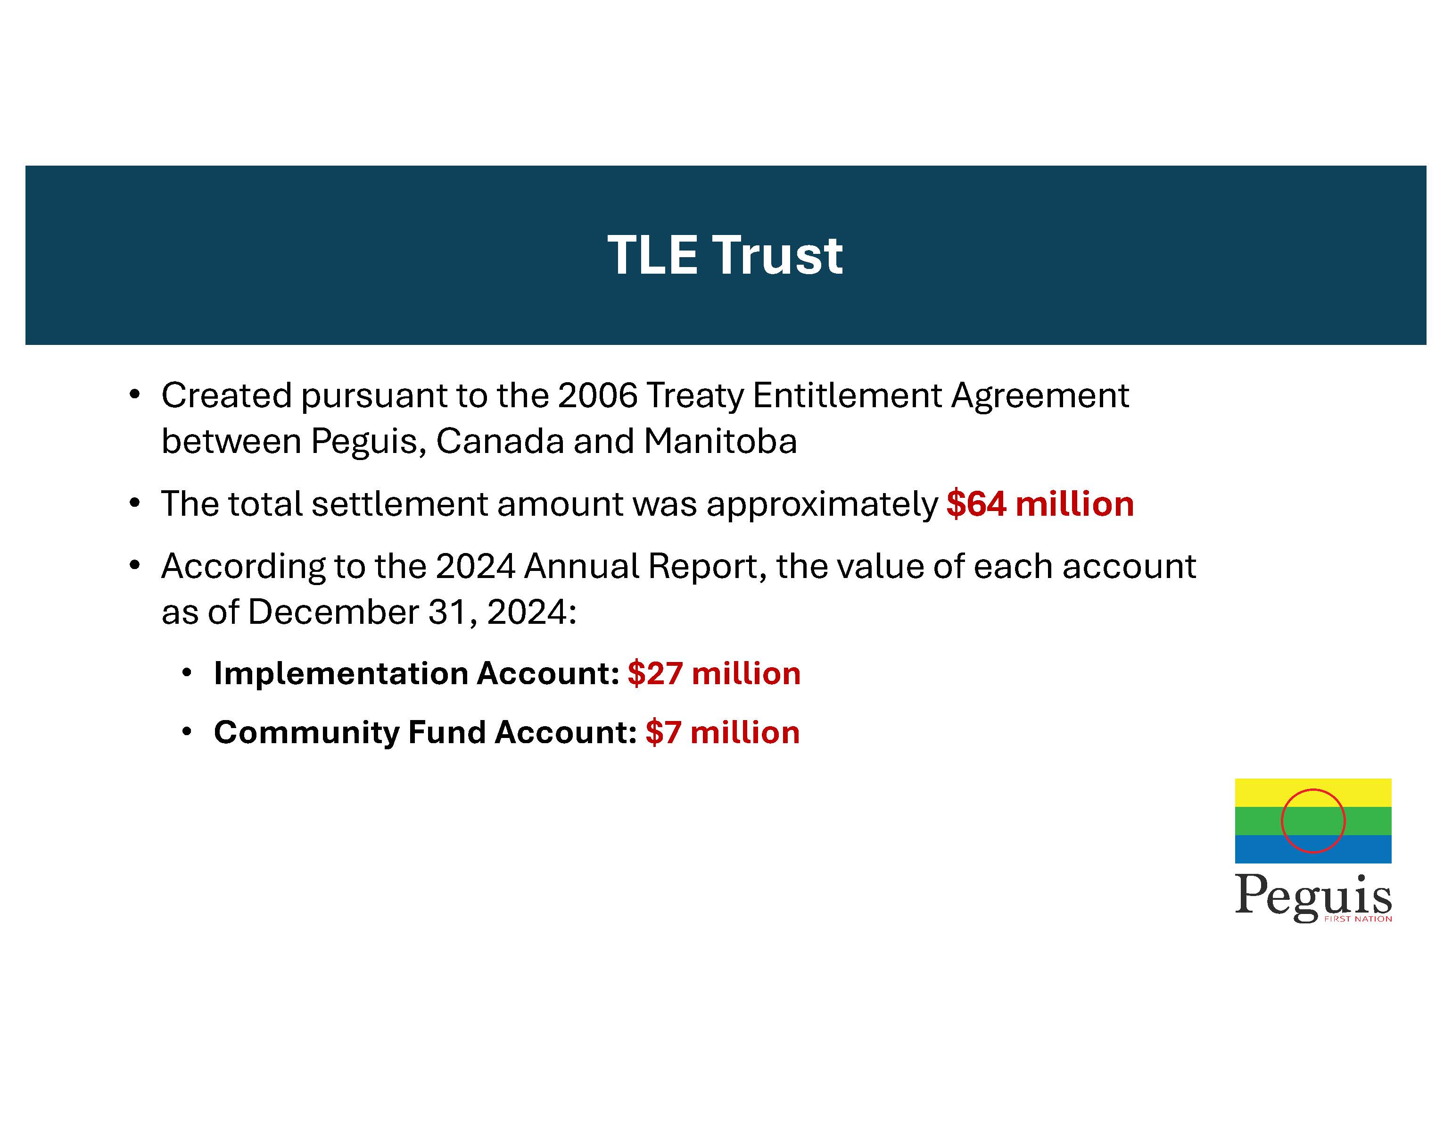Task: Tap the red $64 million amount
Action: click(x=1040, y=503)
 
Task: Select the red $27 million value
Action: click(x=714, y=673)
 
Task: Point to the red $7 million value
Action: click(x=723, y=732)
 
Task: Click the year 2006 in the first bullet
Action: click(x=598, y=395)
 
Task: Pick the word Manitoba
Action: click(x=720, y=441)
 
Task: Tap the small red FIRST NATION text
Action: click(x=1358, y=919)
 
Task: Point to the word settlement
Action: click(x=400, y=503)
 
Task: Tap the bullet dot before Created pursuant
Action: click(x=135, y=395)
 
